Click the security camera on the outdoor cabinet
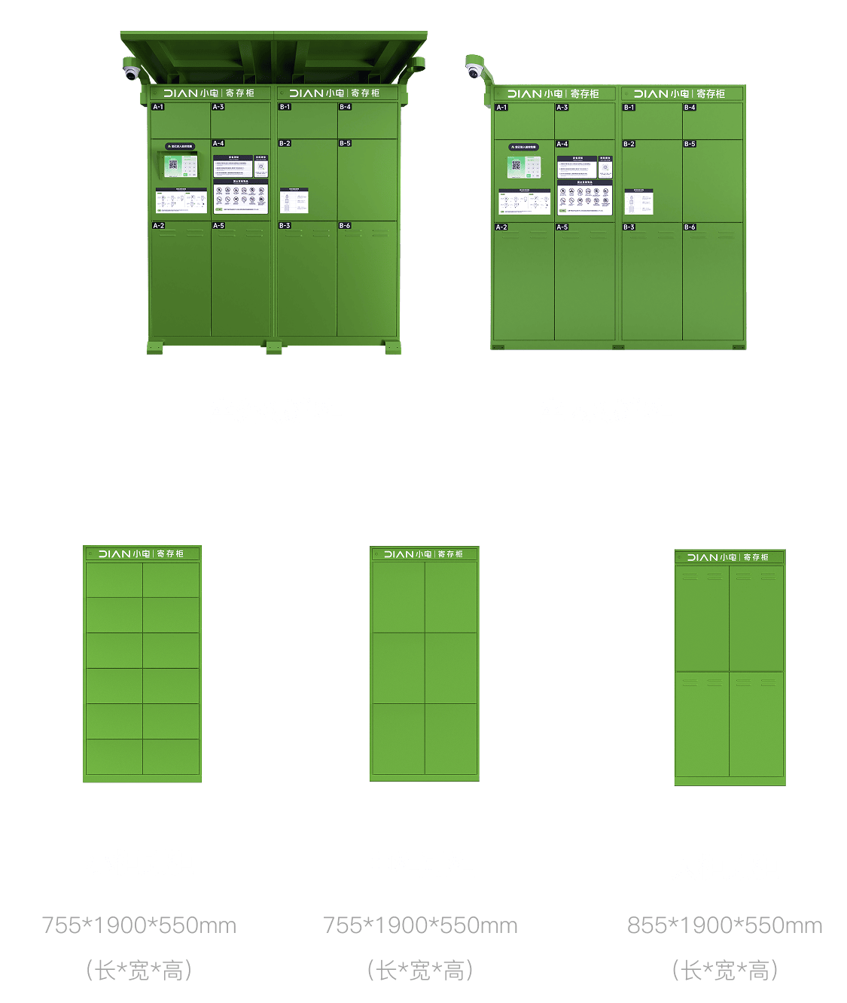point(132,73)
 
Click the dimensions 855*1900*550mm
point(724,925)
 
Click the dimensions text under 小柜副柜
point(139,925)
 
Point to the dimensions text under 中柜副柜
point(420,925)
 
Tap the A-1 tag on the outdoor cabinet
point(158,107)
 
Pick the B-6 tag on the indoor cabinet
point(690,227)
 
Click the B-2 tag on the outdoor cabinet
point(285,143)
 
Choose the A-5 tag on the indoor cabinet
point(562,227)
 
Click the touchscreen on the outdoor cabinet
point(178,165)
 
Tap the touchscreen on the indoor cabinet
point(523,166)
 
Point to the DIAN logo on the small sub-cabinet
point(114,553)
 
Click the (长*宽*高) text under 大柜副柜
point(724,971)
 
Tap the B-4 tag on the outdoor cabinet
point(345,107)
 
